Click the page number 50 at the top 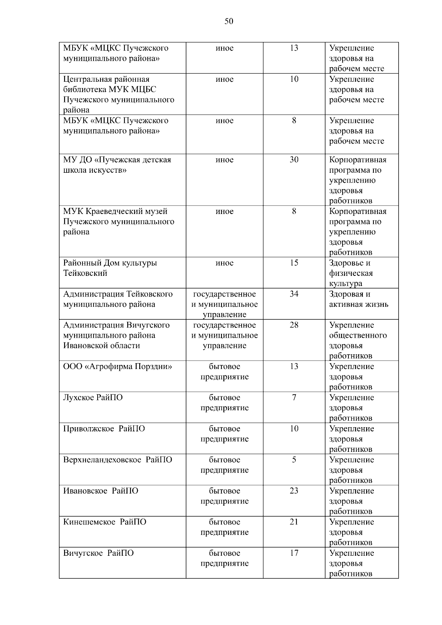click(229, 21)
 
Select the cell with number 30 click(294, 160)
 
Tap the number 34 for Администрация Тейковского click(294, 294)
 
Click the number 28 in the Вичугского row click(294, 325)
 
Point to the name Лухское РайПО click(93, 398)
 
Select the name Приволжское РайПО click(104, 429)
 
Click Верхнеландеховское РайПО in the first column click(117, 460)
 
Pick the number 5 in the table click(294, 460)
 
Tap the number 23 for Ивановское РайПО click(294, 491)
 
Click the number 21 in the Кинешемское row click(294, 522)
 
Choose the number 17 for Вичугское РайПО click(294, 553)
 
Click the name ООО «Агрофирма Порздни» click(117, 367)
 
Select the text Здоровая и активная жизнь click(358, 299)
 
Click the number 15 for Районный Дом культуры click(294, 263)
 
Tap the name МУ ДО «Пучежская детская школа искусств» click(117, 165)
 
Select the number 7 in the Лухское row click(294, 398)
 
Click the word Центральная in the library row click(85, 80)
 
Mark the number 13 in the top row click(294, 48)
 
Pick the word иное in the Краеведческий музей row click(224, 211)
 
